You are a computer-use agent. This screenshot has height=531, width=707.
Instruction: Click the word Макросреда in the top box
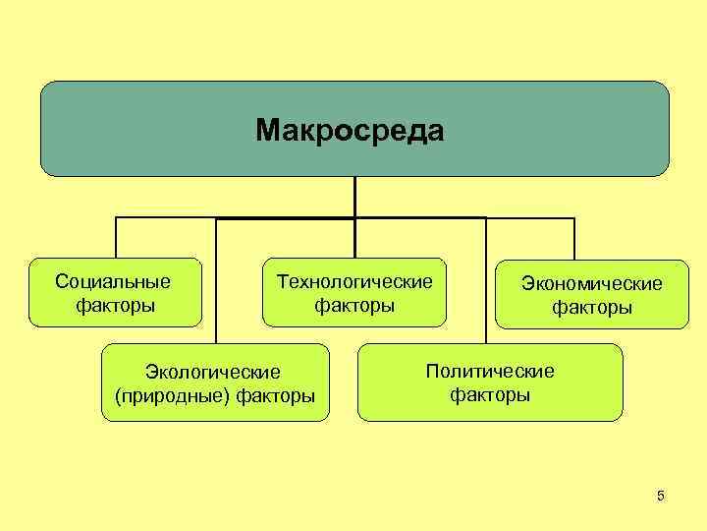click(350, 130)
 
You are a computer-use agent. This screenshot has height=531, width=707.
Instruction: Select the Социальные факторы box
click(115, 292)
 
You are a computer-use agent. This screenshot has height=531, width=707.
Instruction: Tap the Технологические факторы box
click(353, 292)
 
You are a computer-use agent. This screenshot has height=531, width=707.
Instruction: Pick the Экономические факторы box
click(591, 295)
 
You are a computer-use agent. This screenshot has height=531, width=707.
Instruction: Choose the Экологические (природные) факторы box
click(215, 383)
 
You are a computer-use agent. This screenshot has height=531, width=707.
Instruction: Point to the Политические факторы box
click(489, 382)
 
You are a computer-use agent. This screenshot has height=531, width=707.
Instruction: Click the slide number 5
click(661, 497)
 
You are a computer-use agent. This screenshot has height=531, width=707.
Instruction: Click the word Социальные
click(113, 282)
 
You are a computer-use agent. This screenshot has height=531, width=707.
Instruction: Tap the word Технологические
click(354, 282)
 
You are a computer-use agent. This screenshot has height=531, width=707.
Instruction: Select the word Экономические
click(591, 284)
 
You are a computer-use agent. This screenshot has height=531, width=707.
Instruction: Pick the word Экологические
click(213, 372)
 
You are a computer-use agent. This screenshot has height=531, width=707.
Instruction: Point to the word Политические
click(489, 371)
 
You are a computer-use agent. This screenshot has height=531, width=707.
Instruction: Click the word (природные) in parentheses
click(168, 396)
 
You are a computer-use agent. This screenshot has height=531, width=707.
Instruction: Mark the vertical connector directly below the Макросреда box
click(354, 196)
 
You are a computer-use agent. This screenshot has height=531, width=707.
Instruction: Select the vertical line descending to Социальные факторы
click(116, 237)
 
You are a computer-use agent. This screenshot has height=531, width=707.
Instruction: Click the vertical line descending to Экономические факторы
click(574, 238)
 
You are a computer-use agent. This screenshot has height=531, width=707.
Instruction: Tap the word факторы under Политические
click(489, 395)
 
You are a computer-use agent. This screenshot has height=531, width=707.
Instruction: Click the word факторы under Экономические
click(591, 309)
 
